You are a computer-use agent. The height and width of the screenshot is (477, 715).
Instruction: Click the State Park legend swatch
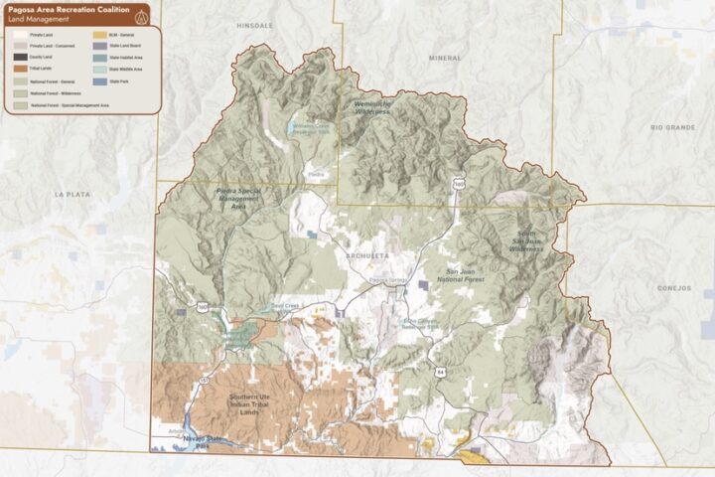coord(85,80)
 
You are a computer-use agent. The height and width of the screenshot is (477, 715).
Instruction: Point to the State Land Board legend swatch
coord(85,46)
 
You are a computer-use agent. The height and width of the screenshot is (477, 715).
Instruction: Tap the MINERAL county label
coord(445,58)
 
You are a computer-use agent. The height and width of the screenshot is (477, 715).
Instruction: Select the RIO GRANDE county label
coord(671,127)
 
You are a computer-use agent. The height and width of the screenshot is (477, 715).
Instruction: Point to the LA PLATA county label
coord(72,194)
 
